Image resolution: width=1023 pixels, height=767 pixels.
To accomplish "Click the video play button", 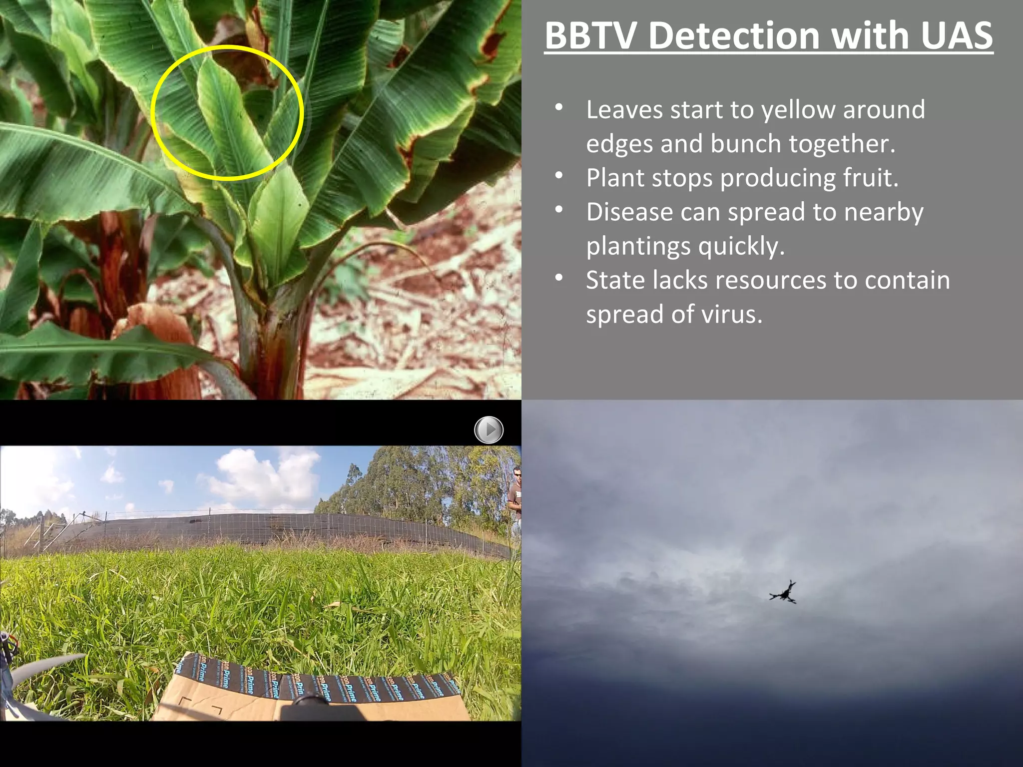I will pyautogui.click(x=489, y=429).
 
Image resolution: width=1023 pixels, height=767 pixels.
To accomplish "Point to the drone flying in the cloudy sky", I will pyautogui.click(x=783, y=593).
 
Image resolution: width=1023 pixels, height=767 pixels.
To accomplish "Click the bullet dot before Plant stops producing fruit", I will pyautogui.click(x=559, y=176).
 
